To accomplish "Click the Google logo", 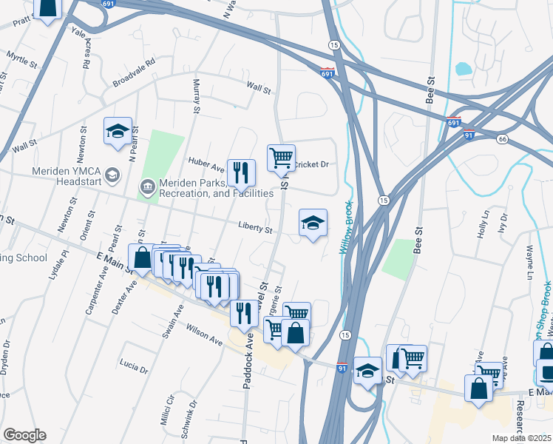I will [x=24, y=435].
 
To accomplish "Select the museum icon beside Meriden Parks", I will [x=147, y=188].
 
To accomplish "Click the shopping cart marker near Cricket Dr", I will [x=281, y=158].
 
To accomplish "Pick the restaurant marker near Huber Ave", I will [x=241, y=174].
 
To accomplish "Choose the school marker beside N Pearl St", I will [x=118, y=132].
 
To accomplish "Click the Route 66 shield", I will [x=502, y=139].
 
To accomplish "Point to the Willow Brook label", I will [x=347, y=229].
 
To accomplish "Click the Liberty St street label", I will [x=255, y=228].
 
